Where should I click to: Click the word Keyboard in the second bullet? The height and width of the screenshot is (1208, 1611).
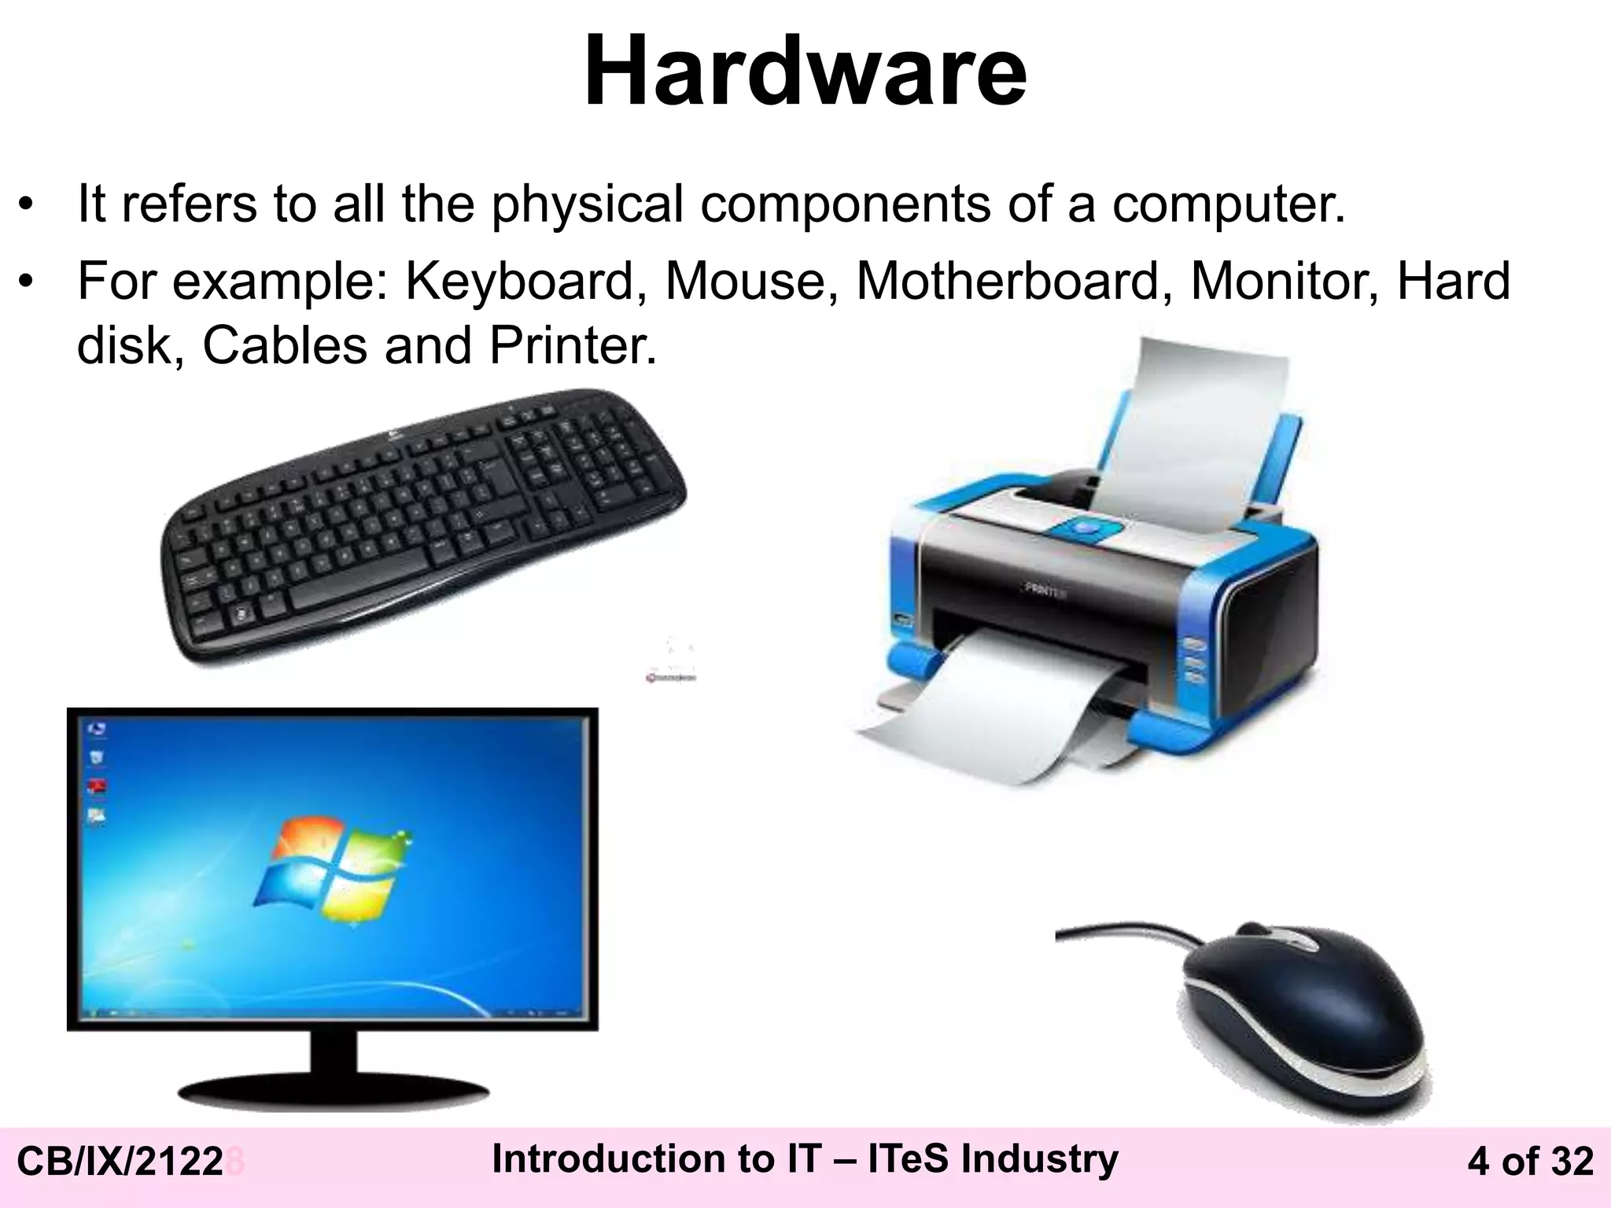tap(520, 282)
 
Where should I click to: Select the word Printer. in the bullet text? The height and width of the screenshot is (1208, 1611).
tap(573, 345)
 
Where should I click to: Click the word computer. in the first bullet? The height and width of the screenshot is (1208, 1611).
tap(1228, 204)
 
